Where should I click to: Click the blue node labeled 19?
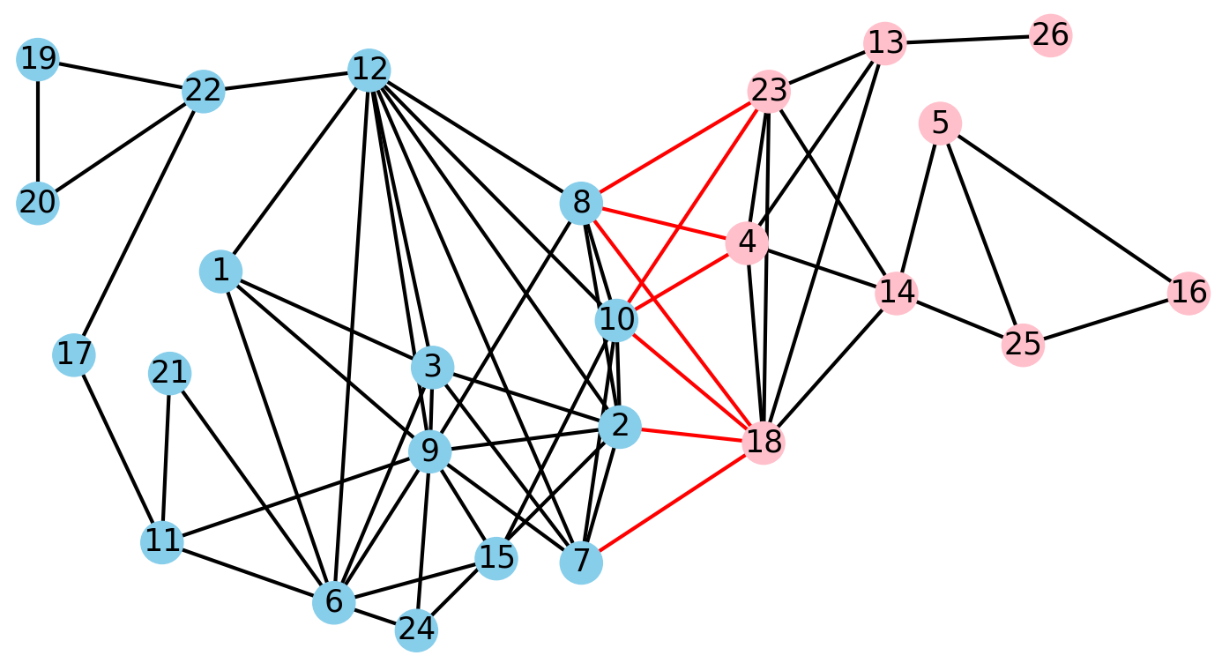click(37, 60)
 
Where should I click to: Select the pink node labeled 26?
click(1050, 36)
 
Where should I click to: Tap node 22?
click(203, 91)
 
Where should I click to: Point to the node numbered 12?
click(369, 70)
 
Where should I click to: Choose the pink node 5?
click(940, 123)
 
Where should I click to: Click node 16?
click(1188, 293)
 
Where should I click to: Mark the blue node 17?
click(74, 355)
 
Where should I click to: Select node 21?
click(169, 374)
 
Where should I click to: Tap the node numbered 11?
click(162, 541)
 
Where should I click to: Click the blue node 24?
click(416, 629)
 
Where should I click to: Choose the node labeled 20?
click(37, 203)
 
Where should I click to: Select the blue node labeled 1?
click(221, 271)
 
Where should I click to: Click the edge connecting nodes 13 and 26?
click(967, 40)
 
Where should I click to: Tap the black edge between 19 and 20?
click(37, 131)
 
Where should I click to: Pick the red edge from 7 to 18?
click(673, 503)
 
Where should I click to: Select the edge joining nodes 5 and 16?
click(1063, 208)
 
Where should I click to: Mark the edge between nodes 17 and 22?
click(138, 223)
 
